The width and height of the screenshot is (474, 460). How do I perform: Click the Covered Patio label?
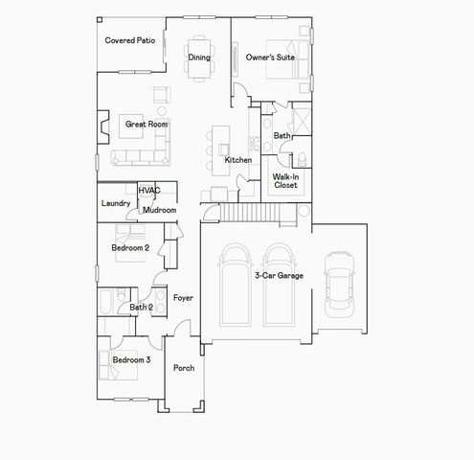(x=130, y=41)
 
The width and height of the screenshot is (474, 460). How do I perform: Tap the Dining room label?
(x=199, y=57)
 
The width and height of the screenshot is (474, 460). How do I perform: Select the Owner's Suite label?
(x=270, y=57)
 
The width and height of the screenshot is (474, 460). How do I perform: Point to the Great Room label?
(x=147, y=125)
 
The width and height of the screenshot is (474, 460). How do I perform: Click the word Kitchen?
(x=238, y=160)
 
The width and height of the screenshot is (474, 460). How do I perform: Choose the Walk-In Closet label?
(x=285, y=181)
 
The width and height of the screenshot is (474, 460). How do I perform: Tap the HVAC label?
(x=148, y=191)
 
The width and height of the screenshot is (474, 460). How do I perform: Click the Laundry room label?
(x=116, y=203)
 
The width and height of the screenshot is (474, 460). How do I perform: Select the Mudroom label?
(x=159, y=209)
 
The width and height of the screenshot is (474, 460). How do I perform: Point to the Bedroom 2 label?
(x=130, y=248)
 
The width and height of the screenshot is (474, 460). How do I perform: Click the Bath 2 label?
(x=142, y=308)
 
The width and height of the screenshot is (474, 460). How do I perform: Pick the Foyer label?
(x=183, y=298)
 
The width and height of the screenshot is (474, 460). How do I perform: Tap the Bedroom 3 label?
(x=131, y=359)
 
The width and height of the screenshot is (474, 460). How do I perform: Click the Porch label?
(x=184, y=368)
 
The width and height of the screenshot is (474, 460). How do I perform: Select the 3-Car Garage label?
(x=279, y=275)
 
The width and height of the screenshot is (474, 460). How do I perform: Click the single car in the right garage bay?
(x=339, y=285)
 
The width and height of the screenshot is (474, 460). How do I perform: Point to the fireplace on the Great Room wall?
(x=103, y=124)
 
